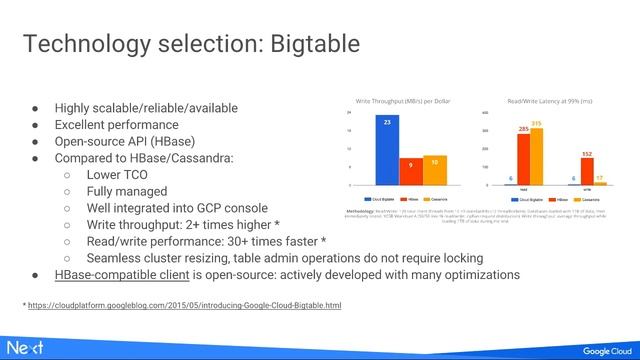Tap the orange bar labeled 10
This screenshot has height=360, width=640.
434,170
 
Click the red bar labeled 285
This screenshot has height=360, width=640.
523,159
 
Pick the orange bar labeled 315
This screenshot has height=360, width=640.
537,156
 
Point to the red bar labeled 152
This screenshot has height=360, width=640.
588,171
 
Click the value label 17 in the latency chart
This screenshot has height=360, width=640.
600,179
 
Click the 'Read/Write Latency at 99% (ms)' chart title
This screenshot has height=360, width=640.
549,102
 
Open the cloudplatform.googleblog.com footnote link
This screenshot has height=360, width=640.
184,304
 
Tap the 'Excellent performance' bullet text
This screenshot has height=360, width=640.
116,125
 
